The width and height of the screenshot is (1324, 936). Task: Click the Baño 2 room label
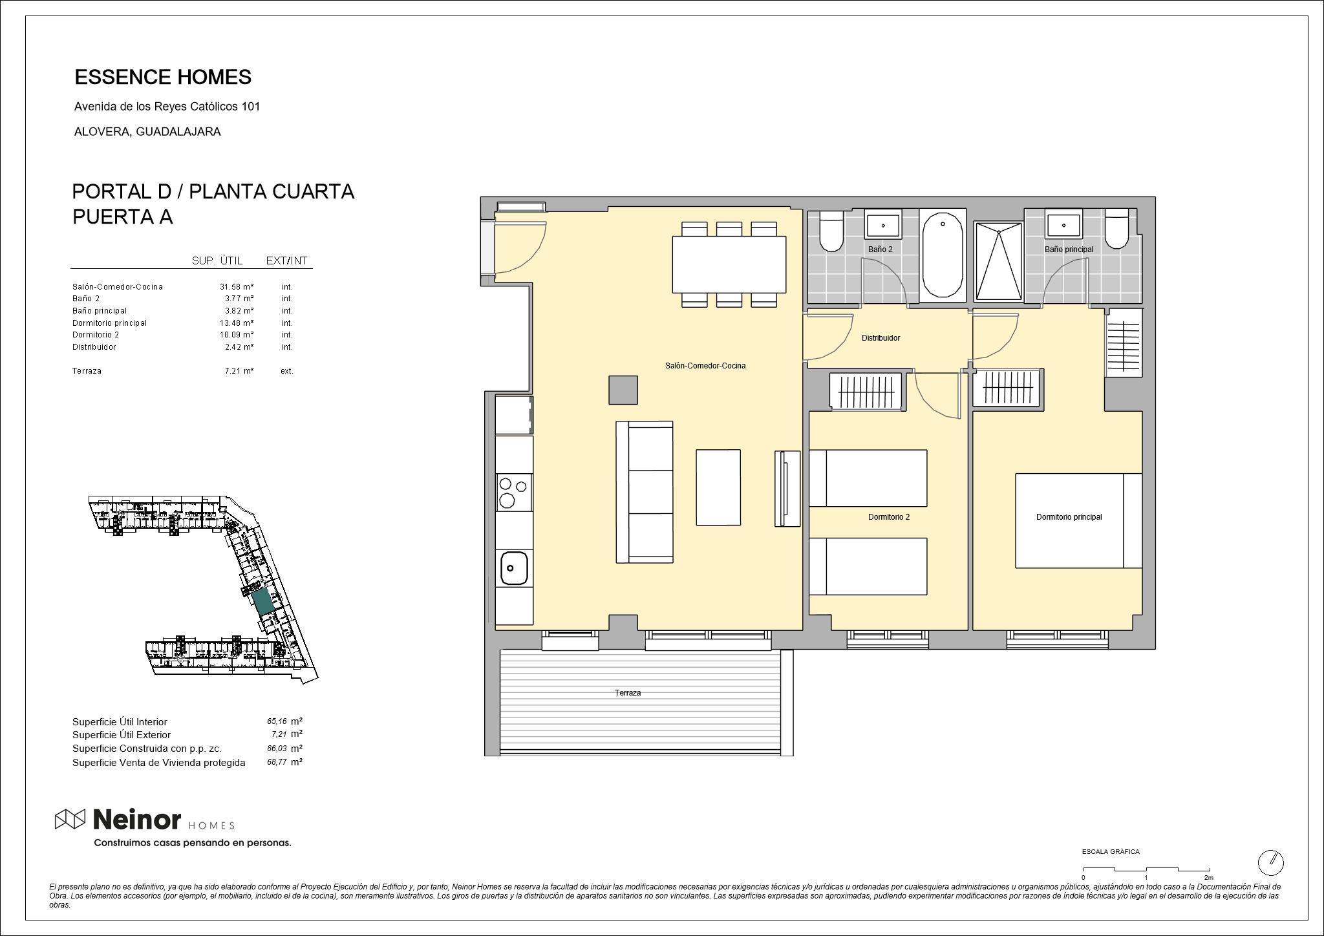(880, 250)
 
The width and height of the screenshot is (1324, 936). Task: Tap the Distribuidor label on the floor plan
(881, 338)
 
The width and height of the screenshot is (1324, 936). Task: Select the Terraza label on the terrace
(628, 693)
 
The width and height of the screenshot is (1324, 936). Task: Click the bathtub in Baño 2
(943, 256)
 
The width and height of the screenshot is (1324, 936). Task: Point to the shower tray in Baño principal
(999, 261)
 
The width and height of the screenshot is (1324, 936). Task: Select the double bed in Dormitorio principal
(1078, 521)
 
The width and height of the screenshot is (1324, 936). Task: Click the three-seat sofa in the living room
(645, 492)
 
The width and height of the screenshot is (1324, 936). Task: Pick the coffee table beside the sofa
(718, 487)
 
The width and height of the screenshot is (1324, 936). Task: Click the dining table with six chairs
(729, 264)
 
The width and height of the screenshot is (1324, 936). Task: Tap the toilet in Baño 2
(831, 231)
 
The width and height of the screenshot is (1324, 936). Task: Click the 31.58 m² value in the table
(237, 287)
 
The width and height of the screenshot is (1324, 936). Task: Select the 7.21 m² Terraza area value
(239, 371)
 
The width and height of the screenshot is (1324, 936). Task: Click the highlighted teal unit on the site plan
(262, 602)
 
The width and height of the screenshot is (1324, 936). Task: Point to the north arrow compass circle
(1270, 862)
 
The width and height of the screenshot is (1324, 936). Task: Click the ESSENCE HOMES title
(163, 77)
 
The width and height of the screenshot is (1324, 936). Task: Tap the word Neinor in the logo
(137, 820)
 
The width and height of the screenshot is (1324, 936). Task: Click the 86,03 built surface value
(277, 749)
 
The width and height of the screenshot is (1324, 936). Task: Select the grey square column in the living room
(623, 390)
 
